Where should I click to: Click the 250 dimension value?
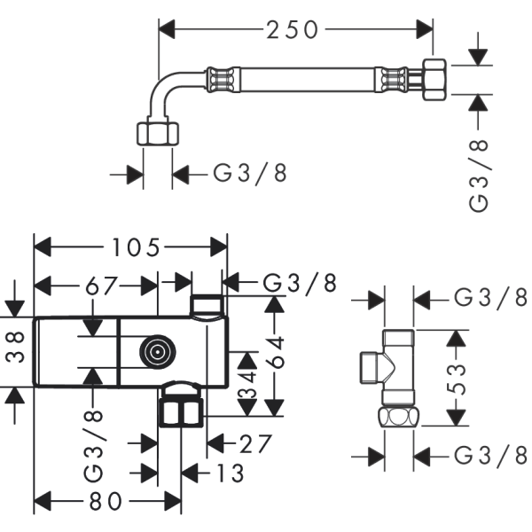(293, 29)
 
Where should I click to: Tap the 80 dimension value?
(106, 502)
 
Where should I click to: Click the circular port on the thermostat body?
(156, 352)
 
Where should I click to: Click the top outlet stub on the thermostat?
(206, 304)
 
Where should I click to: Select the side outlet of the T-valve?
(372, 365)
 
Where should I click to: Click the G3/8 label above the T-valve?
(490, 298)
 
